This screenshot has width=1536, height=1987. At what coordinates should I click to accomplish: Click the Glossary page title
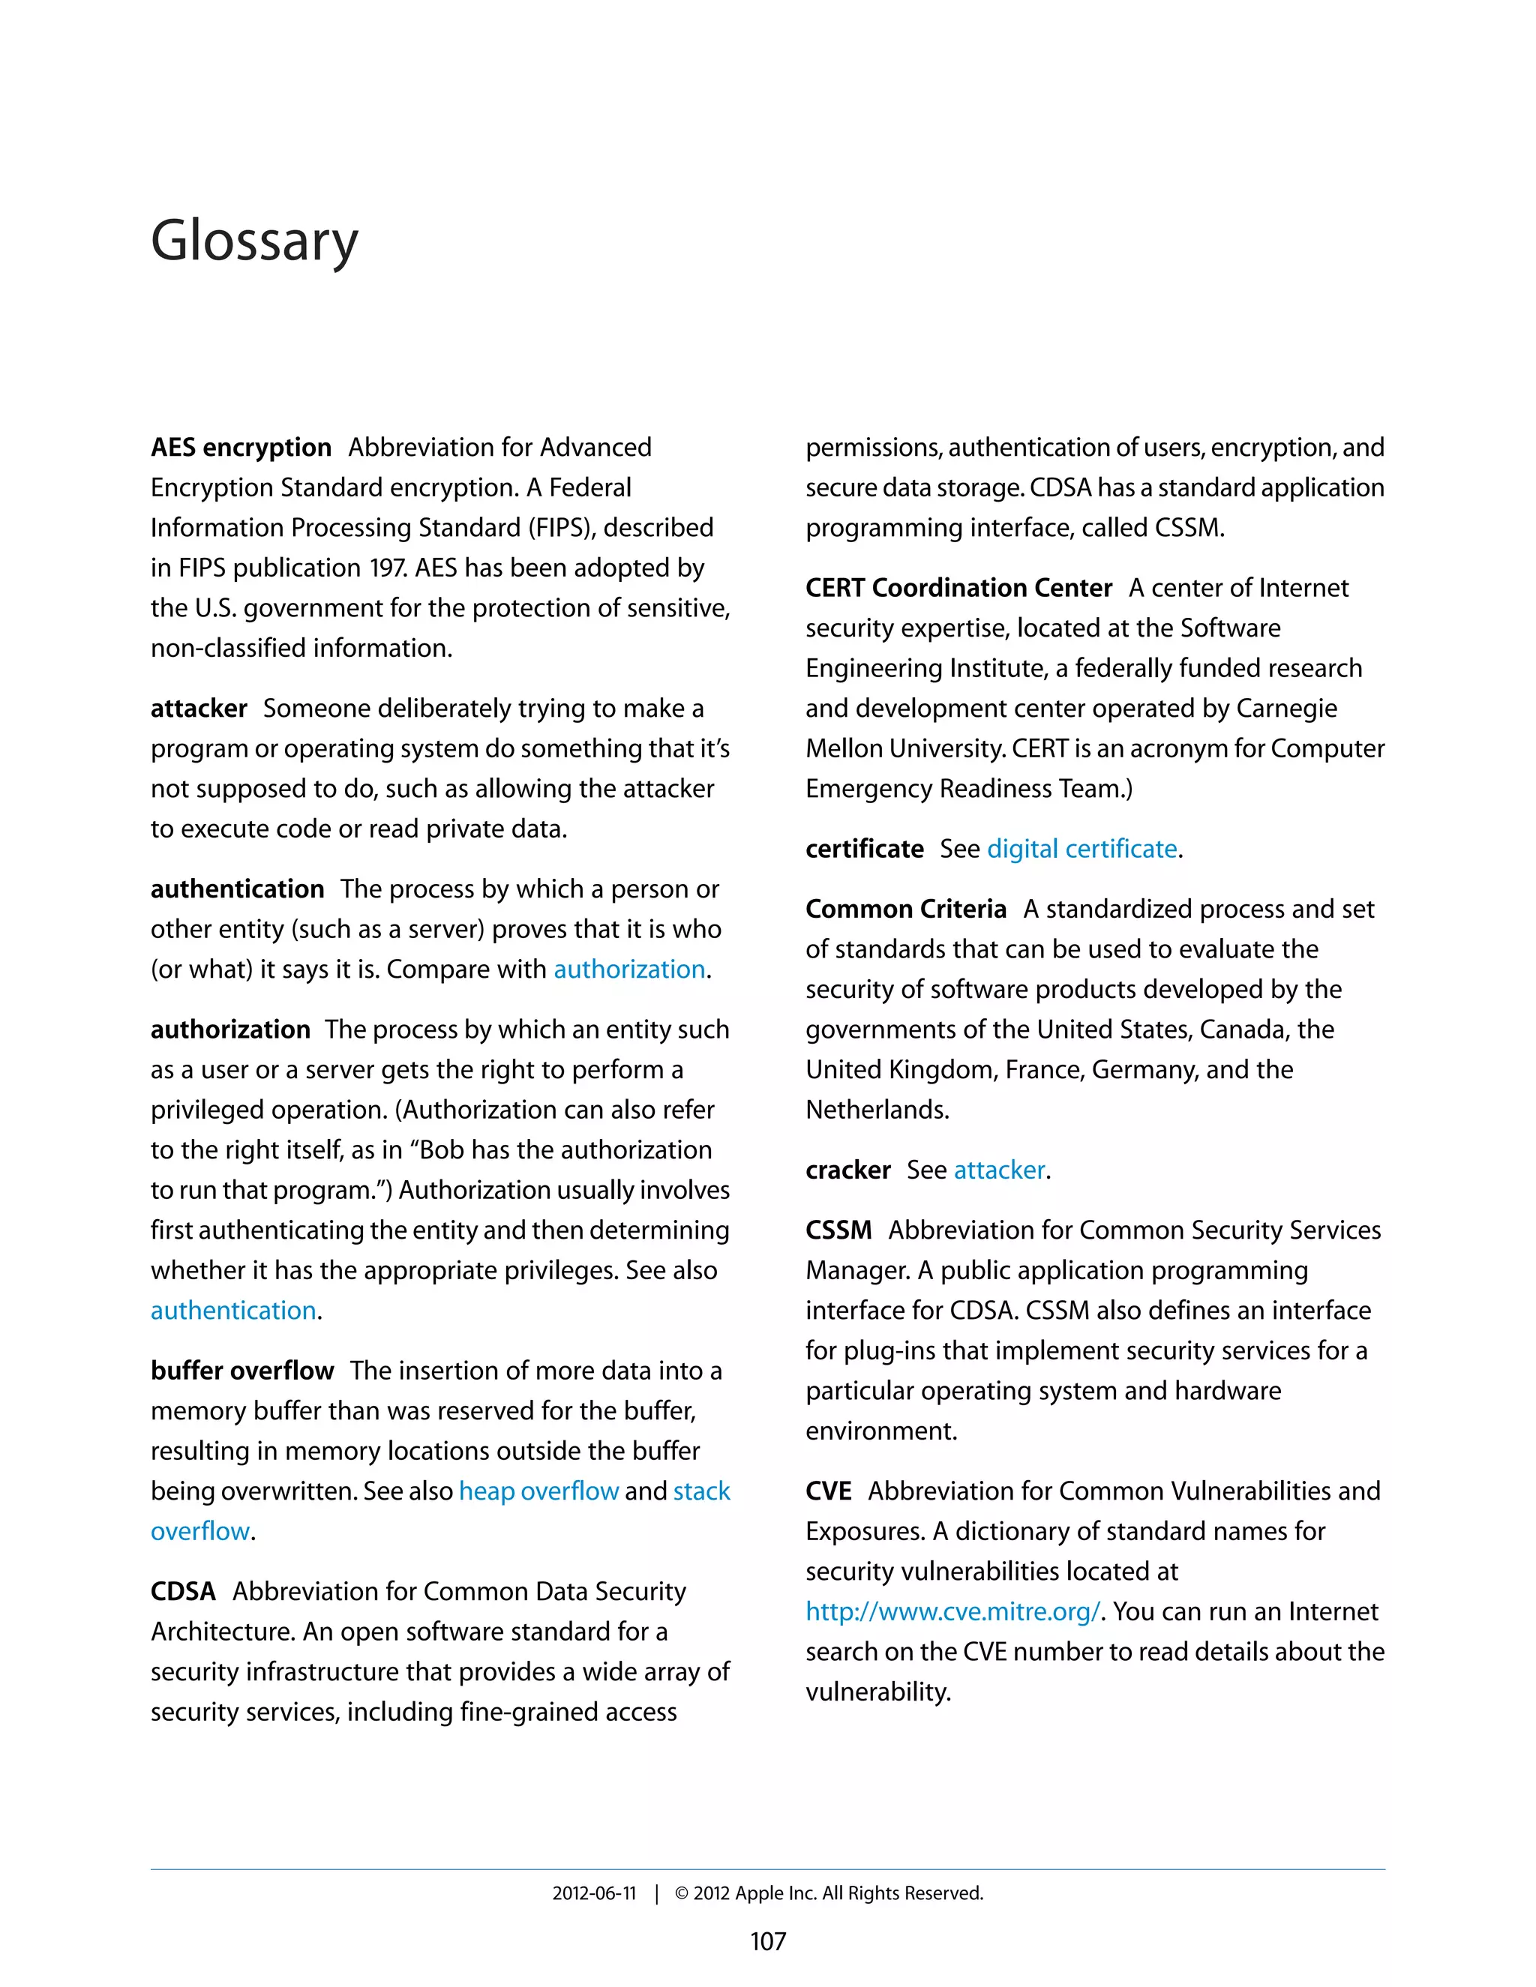tap(254, 241)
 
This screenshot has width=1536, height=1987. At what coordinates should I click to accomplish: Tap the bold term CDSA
tap(183, 1591)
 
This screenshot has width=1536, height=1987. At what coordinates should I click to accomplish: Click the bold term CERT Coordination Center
tap(958, 588)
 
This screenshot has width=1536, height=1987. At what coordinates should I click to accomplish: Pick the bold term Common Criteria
tap(905, 909)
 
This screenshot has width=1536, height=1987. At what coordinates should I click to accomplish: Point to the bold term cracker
tap(847, 1170)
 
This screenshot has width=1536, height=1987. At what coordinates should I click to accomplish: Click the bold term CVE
tap(828, 1491)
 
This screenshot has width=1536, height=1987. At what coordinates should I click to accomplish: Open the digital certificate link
tap(1082, 849)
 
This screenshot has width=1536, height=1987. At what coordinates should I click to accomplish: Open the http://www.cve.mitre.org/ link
tap(952, 1611)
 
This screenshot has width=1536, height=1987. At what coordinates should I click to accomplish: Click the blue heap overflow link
tap(538, 1491)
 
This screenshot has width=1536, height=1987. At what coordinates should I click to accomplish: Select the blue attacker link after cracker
tap(999, 1170)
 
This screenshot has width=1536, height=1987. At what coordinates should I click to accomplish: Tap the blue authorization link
tap(628, 969)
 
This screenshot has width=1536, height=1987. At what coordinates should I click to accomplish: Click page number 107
tap(767, 1941)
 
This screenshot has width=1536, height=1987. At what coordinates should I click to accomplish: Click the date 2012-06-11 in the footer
tap(593, 1893)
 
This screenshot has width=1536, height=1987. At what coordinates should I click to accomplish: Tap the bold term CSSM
tap(838, 1230)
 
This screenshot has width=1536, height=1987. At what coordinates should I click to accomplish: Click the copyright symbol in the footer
tap(682, 1893)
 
